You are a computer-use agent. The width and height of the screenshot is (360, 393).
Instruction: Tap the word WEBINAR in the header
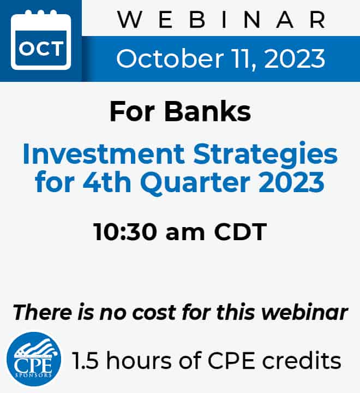point(222,20)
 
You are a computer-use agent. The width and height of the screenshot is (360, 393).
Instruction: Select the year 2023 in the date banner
point(295,58)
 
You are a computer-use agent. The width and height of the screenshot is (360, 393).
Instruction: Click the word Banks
point(207,111)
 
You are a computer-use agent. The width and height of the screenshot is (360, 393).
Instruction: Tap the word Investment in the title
point(104,153)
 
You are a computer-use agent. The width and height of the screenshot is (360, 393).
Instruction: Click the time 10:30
point(125,232)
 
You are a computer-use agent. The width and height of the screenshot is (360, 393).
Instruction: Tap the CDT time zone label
point(240,232)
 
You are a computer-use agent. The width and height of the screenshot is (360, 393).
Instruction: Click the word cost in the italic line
point(154,313)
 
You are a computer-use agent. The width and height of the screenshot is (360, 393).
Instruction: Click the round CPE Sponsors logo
point(34,359)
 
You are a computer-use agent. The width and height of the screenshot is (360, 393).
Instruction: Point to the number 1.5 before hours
point(85,361)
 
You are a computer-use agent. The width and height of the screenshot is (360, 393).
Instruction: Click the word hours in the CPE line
point(139,360)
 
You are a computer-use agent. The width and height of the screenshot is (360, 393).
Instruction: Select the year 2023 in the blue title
point(291,182)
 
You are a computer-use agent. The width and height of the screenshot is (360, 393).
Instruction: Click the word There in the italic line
point(43,312)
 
